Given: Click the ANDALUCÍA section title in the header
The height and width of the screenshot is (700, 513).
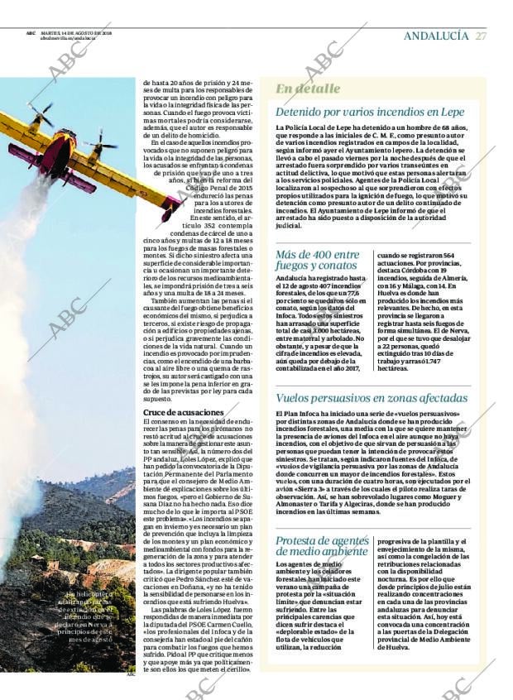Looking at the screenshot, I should point(436,36).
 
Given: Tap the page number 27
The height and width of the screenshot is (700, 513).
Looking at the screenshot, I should point(481,36).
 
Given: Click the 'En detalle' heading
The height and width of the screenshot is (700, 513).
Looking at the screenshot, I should point(307,89).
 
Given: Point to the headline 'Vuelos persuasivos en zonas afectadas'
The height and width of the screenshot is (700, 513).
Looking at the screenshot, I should point(372,398).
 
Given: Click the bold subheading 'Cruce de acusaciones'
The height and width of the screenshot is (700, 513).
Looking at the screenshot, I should point(176,411).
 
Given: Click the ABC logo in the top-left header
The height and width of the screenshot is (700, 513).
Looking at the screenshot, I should point(31,32).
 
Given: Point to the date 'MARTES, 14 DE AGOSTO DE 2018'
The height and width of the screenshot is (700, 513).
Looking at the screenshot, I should point(77,32).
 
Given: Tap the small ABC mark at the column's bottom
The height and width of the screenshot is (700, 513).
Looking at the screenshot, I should point(129,674).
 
